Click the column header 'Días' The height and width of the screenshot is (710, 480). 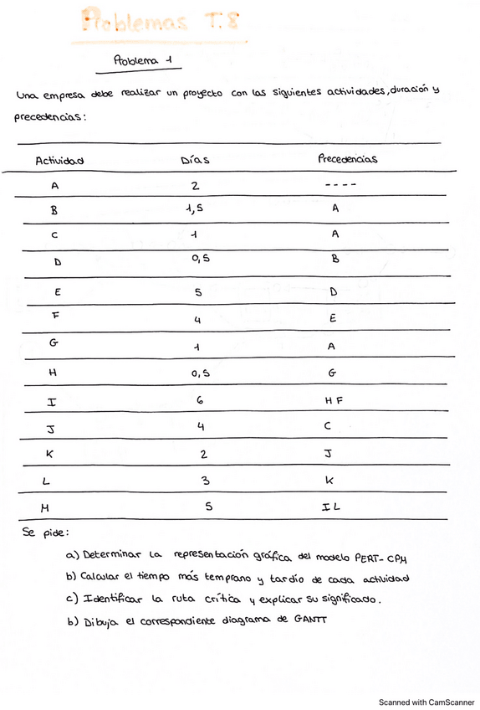pyautogui.click(x=195, y=159)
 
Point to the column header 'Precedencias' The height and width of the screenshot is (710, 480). pyautogui.click(x=347, y=158)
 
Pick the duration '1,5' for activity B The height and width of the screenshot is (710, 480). pyautogui.click(x=194, y=210)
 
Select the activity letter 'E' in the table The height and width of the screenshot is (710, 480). pyautogui.click(x=56, y=294)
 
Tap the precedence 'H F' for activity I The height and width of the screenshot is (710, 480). pyautogui.click(x=334, y=402)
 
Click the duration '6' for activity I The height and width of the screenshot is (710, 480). pyautogui.click(x=199, y=401)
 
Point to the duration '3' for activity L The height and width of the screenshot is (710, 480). pyautogui.click(x=205, y=481)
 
